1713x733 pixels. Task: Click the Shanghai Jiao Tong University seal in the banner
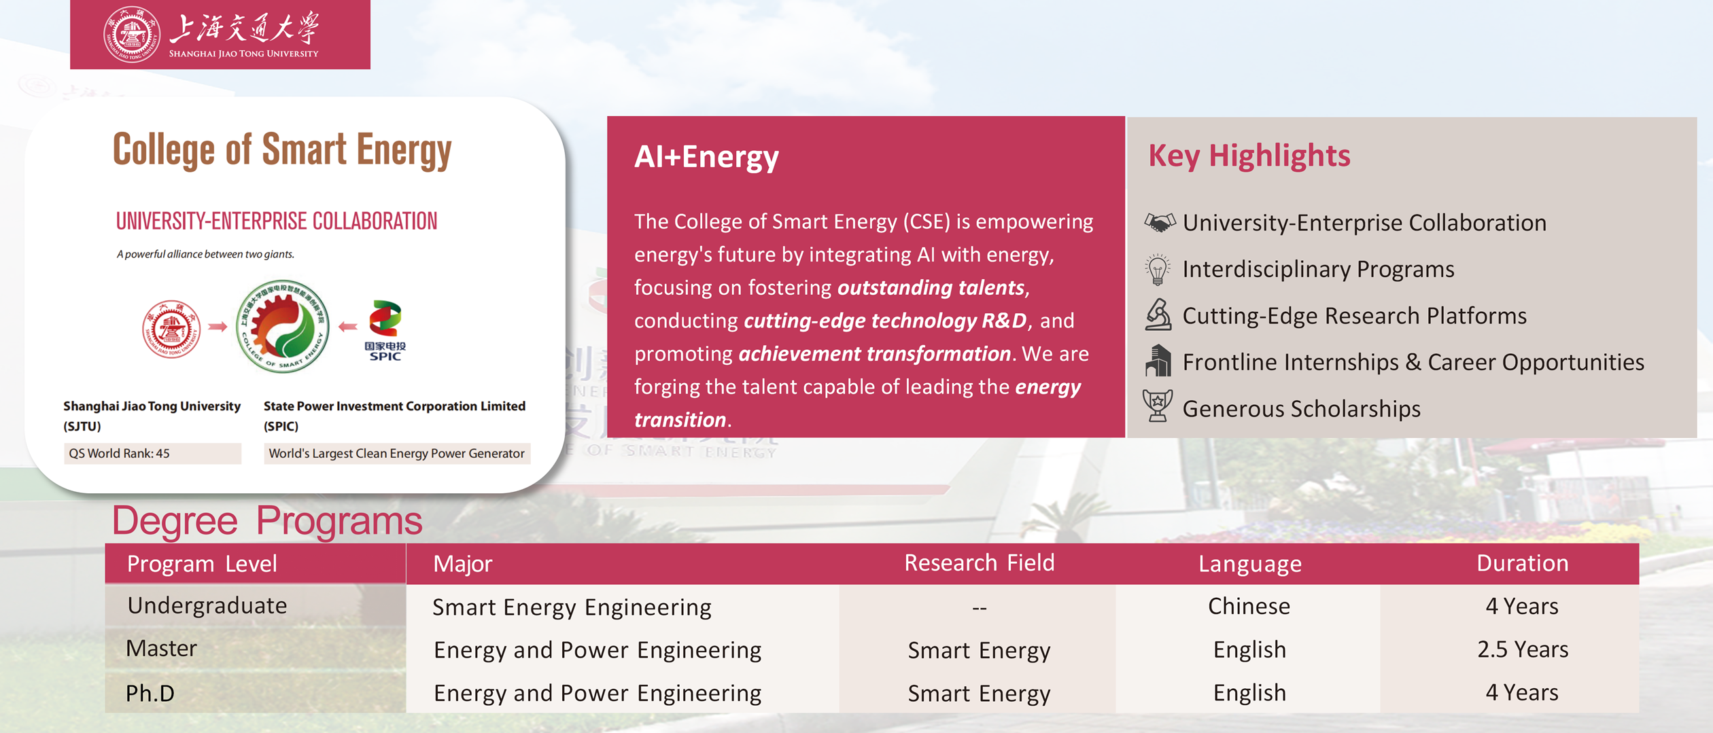131,35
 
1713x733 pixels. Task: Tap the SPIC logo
385,330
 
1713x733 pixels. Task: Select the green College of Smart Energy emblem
283,327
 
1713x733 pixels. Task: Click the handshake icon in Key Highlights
1159,222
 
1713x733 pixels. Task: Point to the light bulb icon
1158,269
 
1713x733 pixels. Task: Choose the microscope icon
1158,315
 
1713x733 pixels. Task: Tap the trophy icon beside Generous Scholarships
1158,406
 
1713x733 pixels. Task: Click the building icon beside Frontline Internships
1158,360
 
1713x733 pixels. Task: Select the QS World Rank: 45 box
152,453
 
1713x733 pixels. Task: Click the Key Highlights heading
1249,156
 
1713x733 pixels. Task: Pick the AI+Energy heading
706,156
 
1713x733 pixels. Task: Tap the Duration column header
1523,563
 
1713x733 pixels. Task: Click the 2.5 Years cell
1523,649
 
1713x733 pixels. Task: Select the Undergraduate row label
207,605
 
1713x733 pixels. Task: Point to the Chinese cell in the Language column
1249,606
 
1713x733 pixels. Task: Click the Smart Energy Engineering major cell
572,607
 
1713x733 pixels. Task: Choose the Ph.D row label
150,693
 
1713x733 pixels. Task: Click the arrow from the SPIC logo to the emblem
348,327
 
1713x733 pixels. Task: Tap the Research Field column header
979,563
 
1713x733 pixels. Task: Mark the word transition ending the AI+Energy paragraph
680,420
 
